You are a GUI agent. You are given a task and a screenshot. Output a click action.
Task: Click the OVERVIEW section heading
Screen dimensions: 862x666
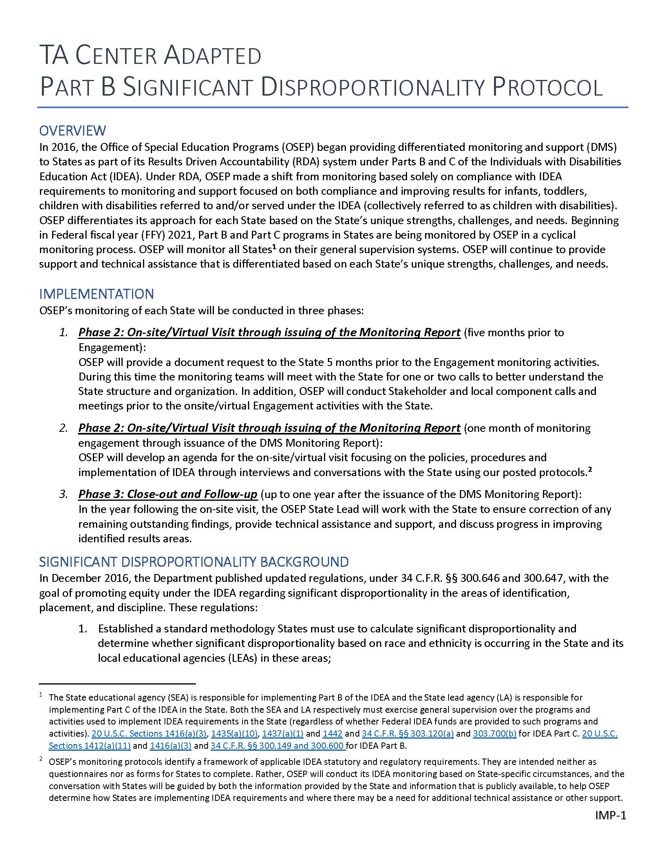[x=72, y=130]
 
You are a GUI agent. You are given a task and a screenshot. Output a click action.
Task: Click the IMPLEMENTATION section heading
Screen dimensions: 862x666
[x=97, y=294]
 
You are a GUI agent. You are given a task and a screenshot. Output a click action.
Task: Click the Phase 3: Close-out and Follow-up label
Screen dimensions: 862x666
[x=168, y=494]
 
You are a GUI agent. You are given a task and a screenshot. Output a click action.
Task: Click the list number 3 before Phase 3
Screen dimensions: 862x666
[x=63, y=494]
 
